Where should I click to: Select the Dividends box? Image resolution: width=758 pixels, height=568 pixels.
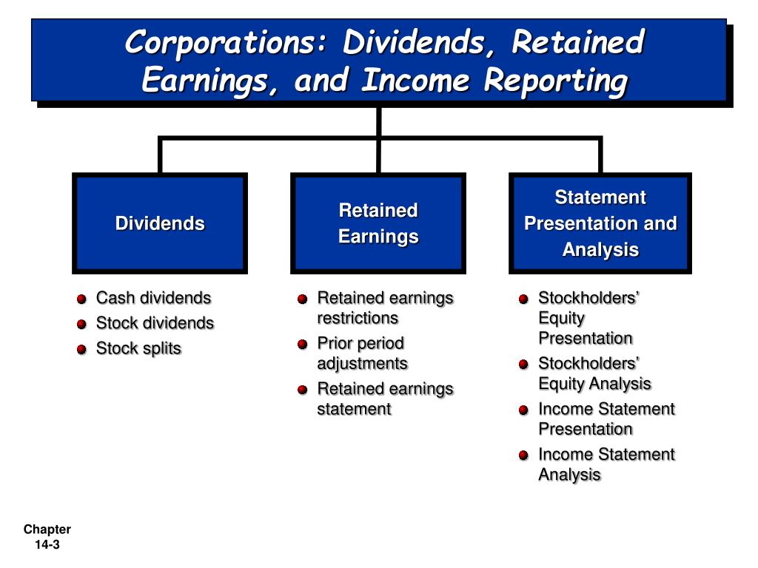[x=160, y=223]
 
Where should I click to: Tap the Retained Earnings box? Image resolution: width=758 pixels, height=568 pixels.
[x=378, y=223]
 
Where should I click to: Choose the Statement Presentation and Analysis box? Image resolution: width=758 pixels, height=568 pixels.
[x=600, y=223]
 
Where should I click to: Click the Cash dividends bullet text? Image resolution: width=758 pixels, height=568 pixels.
[x=153, y=298]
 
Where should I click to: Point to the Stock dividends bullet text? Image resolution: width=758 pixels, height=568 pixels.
[x=155, y=323]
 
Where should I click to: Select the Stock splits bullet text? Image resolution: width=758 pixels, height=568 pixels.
[x=138, y=348]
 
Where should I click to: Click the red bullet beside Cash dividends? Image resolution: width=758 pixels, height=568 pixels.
[x=81, y=300]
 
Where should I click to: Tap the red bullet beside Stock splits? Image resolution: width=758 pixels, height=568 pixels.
[x=81, y=350]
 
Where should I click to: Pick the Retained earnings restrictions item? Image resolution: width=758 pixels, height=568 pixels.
[x=384, y=308]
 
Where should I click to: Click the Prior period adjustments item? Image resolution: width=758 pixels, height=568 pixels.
[x=362, y=353]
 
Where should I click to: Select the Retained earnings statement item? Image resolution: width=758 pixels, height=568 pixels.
[x=384, y=398]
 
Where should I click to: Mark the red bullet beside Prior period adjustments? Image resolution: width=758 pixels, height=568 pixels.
[x=302, y=345]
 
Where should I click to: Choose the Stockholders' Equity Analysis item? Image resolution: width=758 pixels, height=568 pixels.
[x=594, y=373]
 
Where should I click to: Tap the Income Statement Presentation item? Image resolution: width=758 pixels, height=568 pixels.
[x=606, y=419]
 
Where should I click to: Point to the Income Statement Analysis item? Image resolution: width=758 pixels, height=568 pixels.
[x=606, y=464]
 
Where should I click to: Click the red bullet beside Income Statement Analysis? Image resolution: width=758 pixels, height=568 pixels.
[x=523, y=456]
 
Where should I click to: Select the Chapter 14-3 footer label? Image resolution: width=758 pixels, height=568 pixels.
[x=47, y=537]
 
